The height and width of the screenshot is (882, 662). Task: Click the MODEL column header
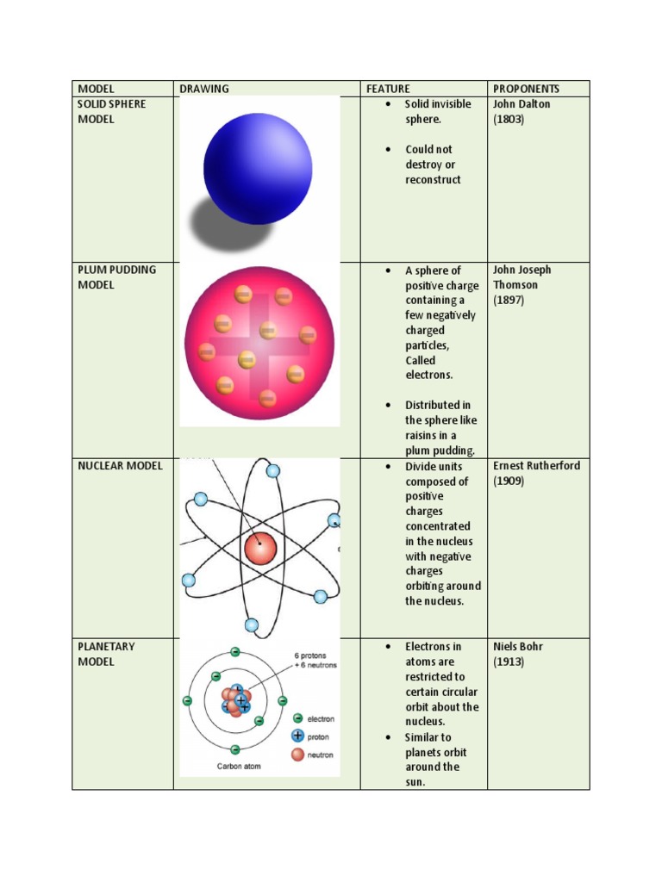tap(96, 89)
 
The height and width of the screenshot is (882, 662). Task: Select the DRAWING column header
tap(204, 89)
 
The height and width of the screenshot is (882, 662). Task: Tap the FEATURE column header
tap(388, 89)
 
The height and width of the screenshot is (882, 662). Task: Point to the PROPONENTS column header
tap(526, 89)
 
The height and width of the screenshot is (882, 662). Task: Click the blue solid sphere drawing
tap(258, 169)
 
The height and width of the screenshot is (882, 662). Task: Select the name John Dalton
tap(521, 104)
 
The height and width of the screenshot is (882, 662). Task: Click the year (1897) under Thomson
tap(509, 301)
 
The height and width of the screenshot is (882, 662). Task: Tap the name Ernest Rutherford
tap(536, 466)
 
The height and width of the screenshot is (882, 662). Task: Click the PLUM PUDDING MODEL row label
tap(116, 277)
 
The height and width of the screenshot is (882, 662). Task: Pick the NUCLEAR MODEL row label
tap(120, 466)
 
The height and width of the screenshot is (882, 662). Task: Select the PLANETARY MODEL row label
tap(106, 655)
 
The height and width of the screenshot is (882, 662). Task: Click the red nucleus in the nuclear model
tap(259, 549)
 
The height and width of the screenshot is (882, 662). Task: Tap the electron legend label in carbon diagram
tap(322, 718)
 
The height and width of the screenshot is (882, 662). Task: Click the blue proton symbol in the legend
tap(298, 736)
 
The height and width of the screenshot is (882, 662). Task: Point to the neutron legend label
tap(322, 755)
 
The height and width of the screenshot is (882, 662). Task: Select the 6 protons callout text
tap(315, 654)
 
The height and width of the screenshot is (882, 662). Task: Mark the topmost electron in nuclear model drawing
tap(273, 471)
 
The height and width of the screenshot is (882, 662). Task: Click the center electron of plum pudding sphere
tap(268, 330)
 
